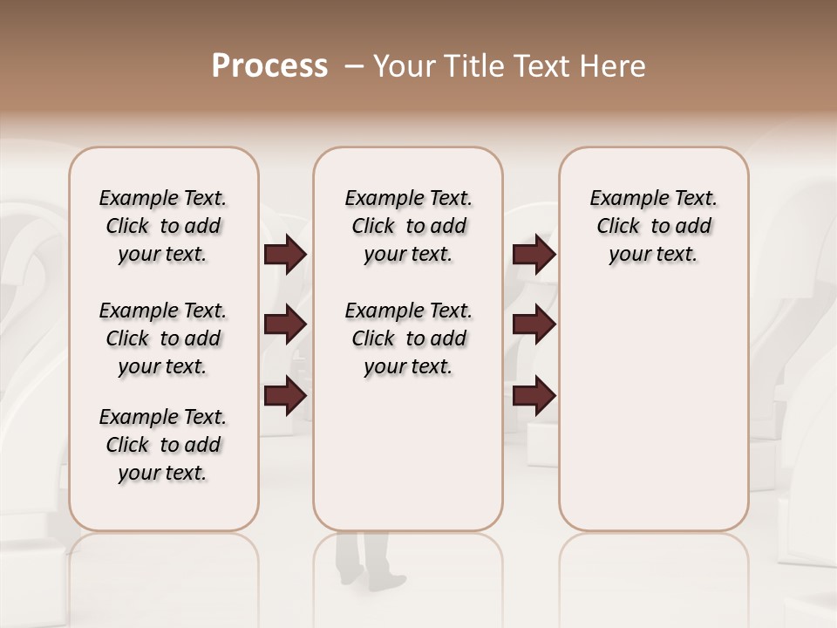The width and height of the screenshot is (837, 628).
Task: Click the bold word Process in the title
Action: click(269, 66)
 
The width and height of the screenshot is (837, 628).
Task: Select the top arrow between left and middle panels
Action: click(285, 255)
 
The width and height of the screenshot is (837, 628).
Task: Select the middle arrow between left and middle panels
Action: click(285, 325)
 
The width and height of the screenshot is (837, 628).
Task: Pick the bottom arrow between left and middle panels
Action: click(285, 397)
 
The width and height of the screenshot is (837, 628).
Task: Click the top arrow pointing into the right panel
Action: click(534, 255)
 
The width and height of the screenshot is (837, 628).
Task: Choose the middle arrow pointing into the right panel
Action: click(534, 325)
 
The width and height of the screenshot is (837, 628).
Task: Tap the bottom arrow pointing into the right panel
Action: click(534, 397)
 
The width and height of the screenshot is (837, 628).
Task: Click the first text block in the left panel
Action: click(163, 226)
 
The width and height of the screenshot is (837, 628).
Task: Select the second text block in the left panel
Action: click(163, 338)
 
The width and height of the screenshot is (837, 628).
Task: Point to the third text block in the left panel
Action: click(163, 445)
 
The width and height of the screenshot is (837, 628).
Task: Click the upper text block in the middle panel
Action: click(408, 226)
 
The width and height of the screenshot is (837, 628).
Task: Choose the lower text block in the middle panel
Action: click(408, 338)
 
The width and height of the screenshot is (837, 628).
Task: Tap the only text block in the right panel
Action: click(654, 226)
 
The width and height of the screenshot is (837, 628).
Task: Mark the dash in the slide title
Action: click(354, 66)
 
